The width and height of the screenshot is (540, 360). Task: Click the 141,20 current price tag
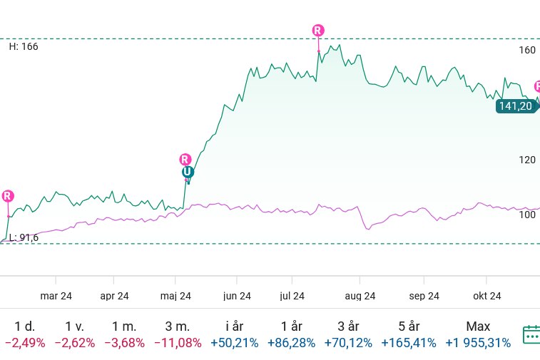516,106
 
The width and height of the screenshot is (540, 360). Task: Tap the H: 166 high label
24,46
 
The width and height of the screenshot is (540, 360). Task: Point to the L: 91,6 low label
24,237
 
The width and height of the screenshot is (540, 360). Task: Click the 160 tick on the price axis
527,50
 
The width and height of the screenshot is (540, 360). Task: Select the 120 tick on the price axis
527,160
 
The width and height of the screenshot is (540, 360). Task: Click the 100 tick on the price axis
527,215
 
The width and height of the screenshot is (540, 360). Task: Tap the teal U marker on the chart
187,172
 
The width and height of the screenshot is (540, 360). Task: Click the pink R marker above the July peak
318,30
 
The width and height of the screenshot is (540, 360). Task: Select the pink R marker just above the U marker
185,160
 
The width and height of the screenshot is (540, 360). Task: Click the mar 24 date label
56,296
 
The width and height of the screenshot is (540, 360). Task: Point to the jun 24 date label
237,296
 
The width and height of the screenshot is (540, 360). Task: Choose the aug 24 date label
360,296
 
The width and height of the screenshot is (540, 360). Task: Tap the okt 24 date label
487,296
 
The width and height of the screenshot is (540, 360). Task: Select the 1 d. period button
25,326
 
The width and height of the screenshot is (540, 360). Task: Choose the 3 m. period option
177,326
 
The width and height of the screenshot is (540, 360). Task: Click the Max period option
478,326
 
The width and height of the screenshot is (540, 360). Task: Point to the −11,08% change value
177,343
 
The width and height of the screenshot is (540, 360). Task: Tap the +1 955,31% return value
478,343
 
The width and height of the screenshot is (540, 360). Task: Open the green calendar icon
532,334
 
